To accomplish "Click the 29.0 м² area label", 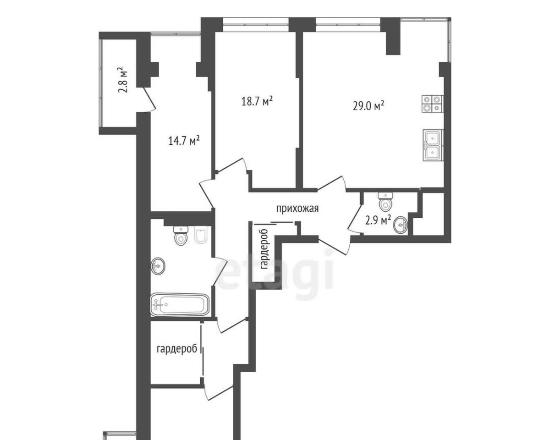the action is (368, 105).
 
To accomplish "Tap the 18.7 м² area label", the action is (257, 101).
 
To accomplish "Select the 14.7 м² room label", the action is (184, 140).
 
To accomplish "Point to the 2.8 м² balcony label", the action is (123, 80).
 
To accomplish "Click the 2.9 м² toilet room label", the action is (378, 220).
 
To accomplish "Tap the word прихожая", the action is (297, 209).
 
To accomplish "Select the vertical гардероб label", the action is (265, 249).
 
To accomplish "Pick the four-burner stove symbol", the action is (432, 104).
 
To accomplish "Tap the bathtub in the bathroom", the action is (180, 304).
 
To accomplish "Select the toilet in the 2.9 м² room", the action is (385, 202).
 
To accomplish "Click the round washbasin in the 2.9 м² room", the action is (401, 225).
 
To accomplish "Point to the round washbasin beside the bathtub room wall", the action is (158, 266).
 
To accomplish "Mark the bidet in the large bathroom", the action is (201, 235).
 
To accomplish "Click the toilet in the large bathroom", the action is (181, 236).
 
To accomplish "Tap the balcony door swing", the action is (149, 99).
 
